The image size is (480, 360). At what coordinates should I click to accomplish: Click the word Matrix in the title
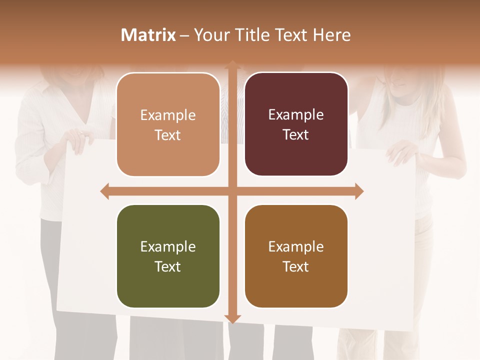148,35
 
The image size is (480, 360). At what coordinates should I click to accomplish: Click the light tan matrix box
168,124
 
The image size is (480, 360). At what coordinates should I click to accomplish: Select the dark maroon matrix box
296,124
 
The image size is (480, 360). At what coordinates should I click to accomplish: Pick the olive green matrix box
168,256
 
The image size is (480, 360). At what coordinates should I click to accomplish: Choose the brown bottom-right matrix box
296,256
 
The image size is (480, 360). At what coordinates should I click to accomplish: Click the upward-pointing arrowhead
232,64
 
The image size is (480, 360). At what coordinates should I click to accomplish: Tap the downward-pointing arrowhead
232,318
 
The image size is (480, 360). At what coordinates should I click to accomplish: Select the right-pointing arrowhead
359,191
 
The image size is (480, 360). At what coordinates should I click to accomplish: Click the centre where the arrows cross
232,191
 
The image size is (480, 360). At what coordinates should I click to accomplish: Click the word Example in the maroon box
296,115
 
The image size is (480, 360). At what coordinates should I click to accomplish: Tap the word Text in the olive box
168,266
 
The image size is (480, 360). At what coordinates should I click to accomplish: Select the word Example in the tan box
168,115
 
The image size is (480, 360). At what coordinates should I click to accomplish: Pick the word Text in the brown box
296,266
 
